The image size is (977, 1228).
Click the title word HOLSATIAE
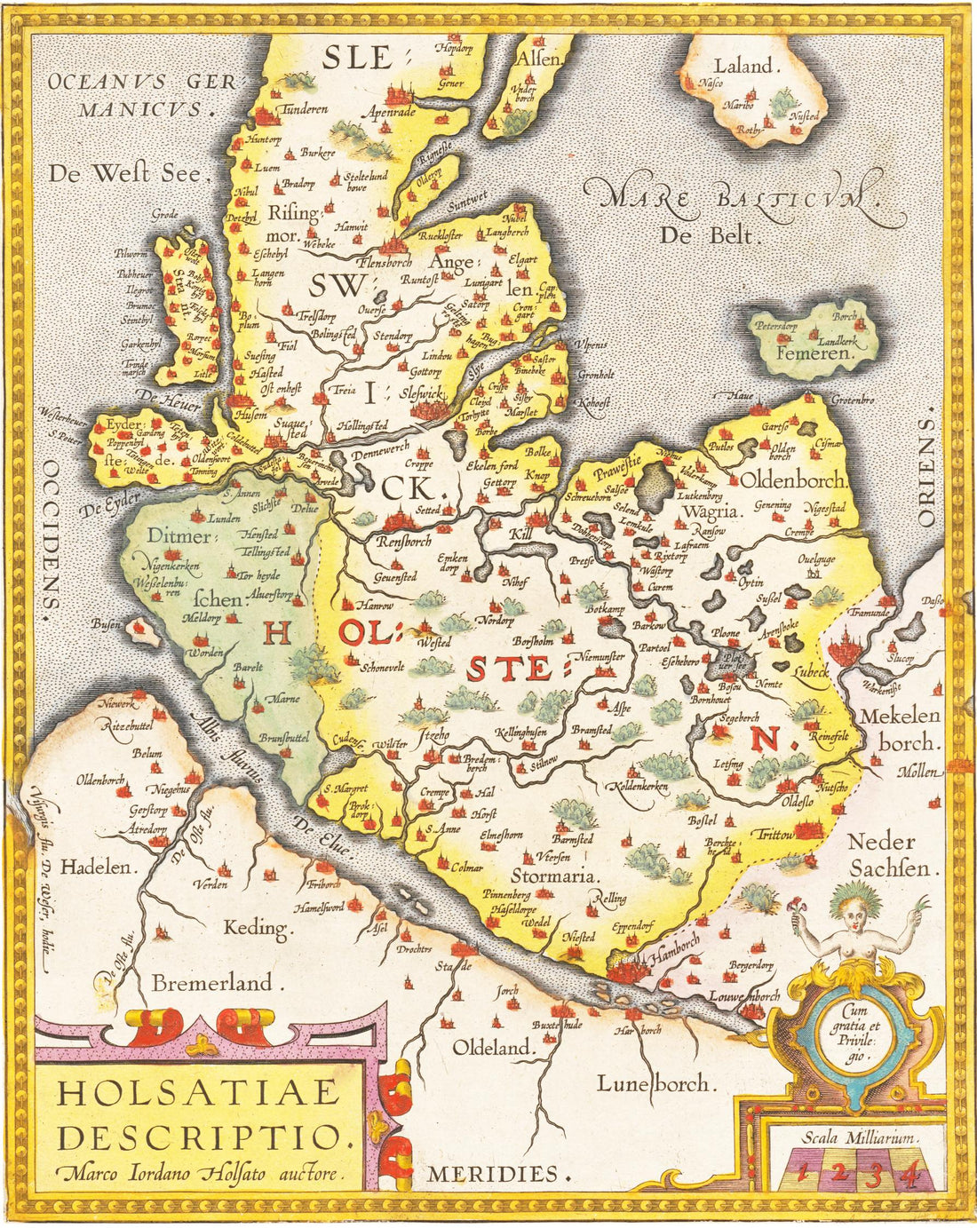click(x=197, y=1092)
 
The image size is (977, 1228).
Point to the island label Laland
click(x=746, y=66)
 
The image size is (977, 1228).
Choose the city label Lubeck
click(x=813, y=672)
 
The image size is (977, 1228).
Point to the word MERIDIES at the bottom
click(x=497, y=1173)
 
